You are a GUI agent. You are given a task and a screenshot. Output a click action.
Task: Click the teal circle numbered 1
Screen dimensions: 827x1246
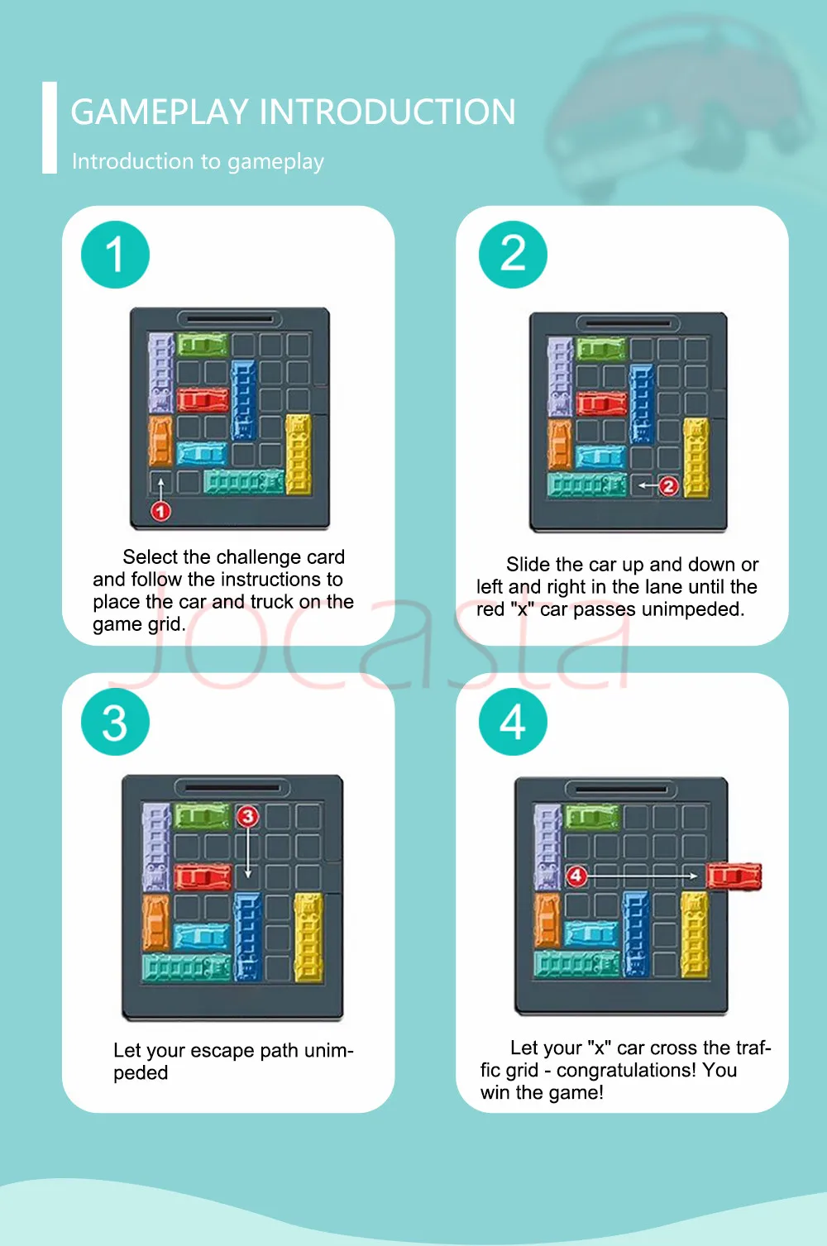coord(115,255)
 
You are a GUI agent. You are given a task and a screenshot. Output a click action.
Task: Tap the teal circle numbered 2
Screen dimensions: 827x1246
coord(513,255)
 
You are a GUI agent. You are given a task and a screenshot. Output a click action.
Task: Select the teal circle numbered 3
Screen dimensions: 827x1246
coord(115,722)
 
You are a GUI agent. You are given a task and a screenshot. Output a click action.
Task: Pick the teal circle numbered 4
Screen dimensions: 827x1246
coord(513,722)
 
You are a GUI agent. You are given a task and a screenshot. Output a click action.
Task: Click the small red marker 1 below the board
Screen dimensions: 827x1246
coord(160,511)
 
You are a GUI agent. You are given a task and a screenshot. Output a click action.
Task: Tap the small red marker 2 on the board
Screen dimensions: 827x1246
coord(668,486)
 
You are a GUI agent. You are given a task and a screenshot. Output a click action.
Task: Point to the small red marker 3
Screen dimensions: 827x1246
coord(247,816)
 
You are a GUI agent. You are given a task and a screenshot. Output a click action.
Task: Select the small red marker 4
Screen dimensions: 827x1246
coord(576,876)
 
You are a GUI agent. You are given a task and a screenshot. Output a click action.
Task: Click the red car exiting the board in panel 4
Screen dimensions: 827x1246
coord(734,876)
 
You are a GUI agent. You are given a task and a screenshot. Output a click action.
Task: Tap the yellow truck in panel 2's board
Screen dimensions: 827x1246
coord(696,457)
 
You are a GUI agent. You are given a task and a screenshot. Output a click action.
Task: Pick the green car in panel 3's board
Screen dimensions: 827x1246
coord(202,817)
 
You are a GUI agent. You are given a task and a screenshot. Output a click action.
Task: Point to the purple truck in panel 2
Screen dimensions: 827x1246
coord(560,376)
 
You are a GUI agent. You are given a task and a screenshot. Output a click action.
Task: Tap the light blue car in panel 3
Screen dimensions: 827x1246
coord(202,936)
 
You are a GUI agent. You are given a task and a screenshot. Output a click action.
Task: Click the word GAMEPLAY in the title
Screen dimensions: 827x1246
coord(160,112)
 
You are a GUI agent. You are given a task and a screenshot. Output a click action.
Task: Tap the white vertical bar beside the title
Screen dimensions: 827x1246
coord(50,127)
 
